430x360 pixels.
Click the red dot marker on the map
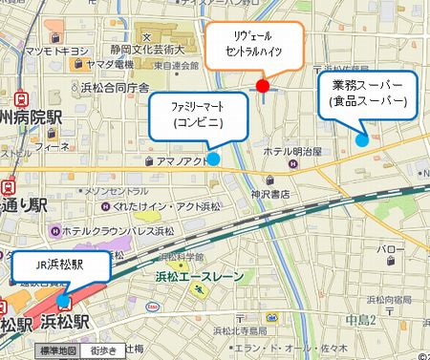pyautogui.click(x=264, y=87)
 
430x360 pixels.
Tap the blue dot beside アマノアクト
pyautogui.click(x=213, y=159)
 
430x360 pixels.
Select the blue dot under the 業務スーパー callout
pyautogui.click(x=361, y=139)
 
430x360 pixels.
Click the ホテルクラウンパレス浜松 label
pyautogui.click(x=104, y=230)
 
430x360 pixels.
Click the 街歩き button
pyautogui.click(x=102, y=350)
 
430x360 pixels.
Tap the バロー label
pyautogui.click(x=391, y=250)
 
